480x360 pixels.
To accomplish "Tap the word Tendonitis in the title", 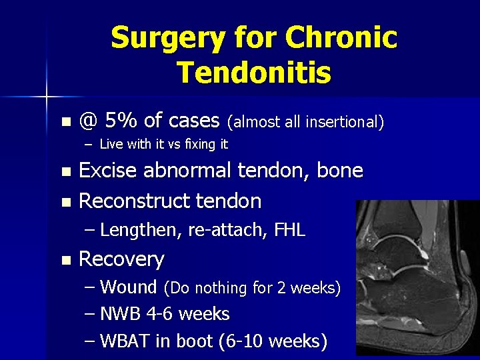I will [254, 72].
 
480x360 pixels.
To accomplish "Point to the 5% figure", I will [121, 121].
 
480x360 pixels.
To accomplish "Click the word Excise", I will [109, 171].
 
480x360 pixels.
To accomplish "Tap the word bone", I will [340, 171].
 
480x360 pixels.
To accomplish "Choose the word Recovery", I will [121, 259].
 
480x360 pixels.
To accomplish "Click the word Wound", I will [128, 287].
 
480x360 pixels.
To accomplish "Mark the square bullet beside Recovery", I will [65, 259].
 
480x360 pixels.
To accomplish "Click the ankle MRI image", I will [417, 280].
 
